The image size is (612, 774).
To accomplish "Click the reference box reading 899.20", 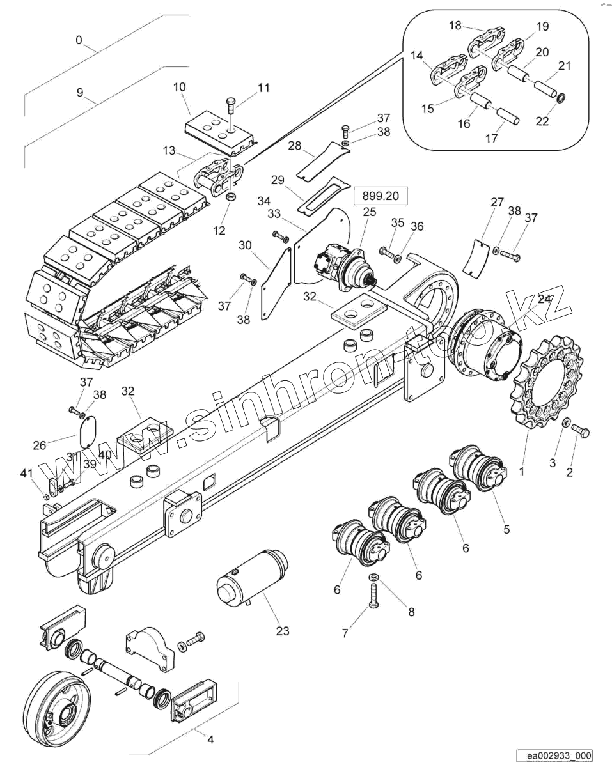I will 380,196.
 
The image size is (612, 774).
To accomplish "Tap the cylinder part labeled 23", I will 252,578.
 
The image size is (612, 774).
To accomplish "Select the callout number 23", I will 283,631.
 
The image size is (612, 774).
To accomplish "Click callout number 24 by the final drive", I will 545,298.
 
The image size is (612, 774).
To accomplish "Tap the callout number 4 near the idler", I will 210,739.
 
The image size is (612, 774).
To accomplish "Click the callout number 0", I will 79,40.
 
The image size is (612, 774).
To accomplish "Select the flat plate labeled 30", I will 276,281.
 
